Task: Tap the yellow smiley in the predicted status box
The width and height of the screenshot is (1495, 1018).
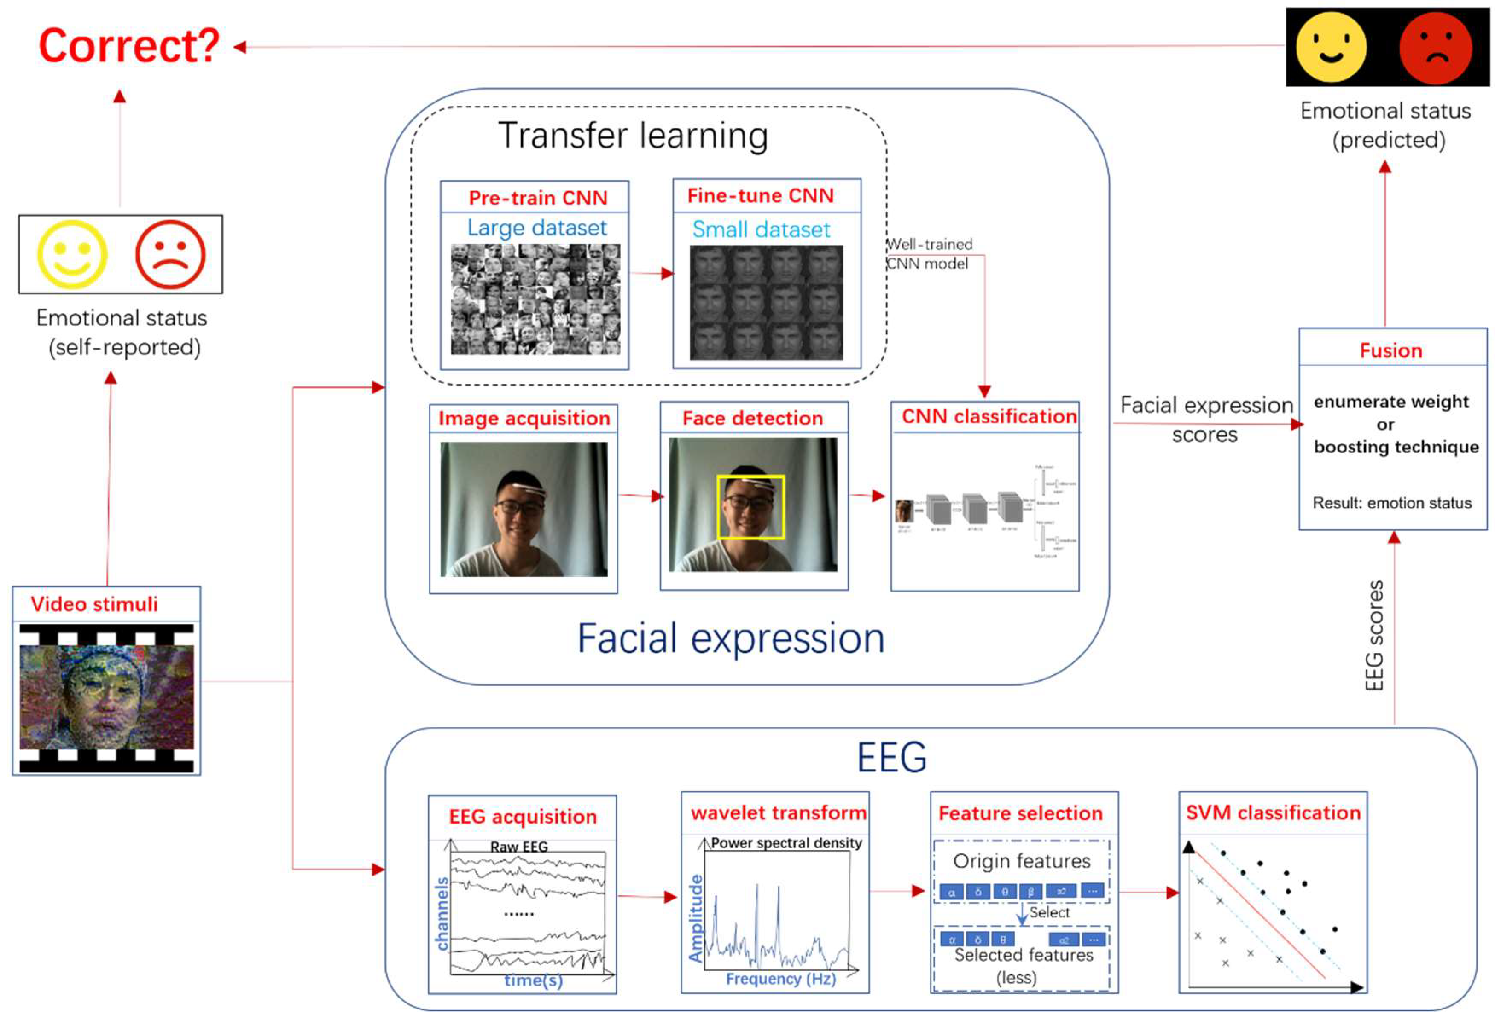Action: [x=1330, y=46]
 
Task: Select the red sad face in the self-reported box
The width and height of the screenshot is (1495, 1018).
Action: [x=171, y=255]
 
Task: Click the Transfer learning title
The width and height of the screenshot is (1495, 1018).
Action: [x=633, y=136]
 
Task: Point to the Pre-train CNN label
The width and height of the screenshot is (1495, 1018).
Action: [x=538, y=197]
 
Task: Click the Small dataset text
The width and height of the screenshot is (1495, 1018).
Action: [x=761, y=229]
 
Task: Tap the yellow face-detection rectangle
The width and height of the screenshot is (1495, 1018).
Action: [x=751, y=477]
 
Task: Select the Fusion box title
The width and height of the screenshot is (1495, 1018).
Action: [x=1391, y=351]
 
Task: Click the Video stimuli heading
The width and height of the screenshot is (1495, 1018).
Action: [x=94, y=604]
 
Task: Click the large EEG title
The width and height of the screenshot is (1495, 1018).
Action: [x=892, y=757]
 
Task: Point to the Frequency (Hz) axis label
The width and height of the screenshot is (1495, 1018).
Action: [x=780, y=979]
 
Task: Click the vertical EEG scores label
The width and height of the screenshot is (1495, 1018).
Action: [x=1373, y=635]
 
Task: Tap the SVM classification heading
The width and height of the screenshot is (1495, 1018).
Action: [x=1273, y=813]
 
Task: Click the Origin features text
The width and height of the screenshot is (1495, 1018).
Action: [x=1021, y=861]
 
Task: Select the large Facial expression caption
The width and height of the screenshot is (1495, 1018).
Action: [x=731, y=638]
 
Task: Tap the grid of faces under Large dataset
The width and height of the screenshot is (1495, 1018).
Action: [x=535, y=299]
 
